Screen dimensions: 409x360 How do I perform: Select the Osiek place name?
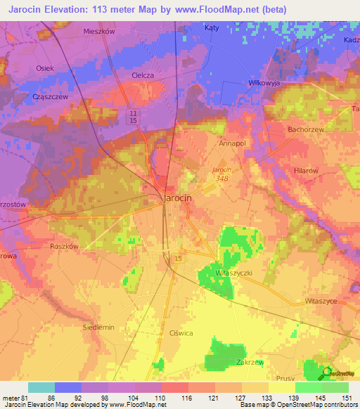coord(45,68)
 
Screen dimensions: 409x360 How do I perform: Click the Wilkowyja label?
coord(264,82)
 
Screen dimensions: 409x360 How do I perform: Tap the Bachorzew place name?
coord(305,130)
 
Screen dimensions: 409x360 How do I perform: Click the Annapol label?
coord(231,143)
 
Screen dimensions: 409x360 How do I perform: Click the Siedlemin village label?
coord(98,327)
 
